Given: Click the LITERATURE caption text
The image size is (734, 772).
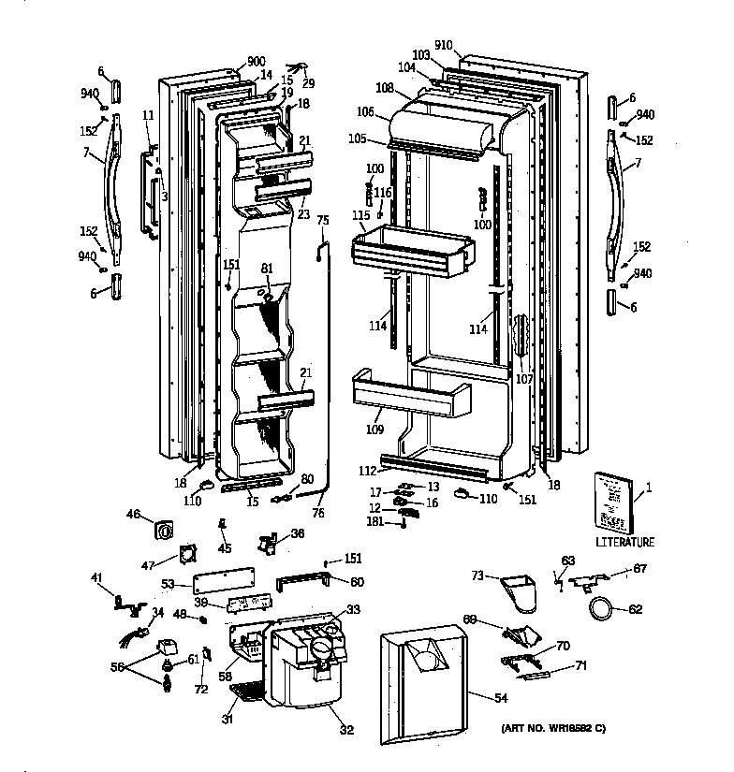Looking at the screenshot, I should click(x=624, y=542).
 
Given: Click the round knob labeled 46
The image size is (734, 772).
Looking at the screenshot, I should click(x=164, y=529).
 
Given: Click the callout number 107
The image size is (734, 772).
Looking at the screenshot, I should click(x=523, y=380).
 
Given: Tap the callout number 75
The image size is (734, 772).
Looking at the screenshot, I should click(x=323, y=221).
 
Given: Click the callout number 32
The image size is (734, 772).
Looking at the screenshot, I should click(x=347, y=730).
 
